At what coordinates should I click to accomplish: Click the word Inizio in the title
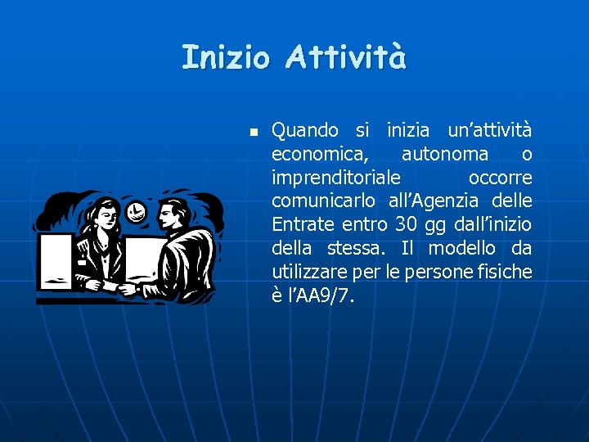[225, 57]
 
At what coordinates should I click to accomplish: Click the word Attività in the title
[346, 57]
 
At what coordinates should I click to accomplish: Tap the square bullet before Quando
[254, 131]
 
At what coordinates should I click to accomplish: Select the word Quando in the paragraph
[305, 130]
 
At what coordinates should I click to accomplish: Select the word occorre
[500, 178]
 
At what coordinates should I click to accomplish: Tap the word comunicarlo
[322, 201]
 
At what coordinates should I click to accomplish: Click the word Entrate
[303, 225]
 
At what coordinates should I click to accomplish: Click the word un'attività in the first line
[489, 130]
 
